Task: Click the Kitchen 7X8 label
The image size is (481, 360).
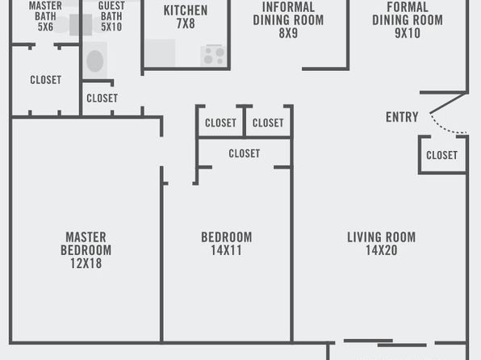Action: (x=186, y=17)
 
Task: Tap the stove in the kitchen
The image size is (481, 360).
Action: (x=214, y=56)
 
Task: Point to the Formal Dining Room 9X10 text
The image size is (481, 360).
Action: (x=408, y=20)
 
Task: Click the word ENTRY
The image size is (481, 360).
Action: (x=402, y=117)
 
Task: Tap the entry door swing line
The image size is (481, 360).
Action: (x=446, y=127)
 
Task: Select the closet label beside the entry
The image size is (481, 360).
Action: (x=441, y=155)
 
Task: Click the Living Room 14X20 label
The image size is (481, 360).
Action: (x=381, y=244)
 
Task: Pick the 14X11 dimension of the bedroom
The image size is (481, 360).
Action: (x=227, y=250)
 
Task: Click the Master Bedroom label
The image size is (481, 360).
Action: (x=86, y=244)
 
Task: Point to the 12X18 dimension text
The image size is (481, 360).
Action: (x=86, y=263)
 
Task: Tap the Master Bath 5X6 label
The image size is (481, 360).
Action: (x=45, y=16)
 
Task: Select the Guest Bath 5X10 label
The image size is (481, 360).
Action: (x=111, y=16)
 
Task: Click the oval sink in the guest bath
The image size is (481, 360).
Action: (x=94, y=61)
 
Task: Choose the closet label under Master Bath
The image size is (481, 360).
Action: (x=45, y=80)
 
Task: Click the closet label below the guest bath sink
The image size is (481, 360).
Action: (x=102, y=98)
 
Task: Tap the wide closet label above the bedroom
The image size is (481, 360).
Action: (x=245, y=153)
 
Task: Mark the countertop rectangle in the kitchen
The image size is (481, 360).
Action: (x=160, y=52)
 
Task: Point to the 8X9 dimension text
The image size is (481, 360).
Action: (x=288, y=33)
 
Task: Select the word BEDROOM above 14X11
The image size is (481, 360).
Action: (x=227, y=237)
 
